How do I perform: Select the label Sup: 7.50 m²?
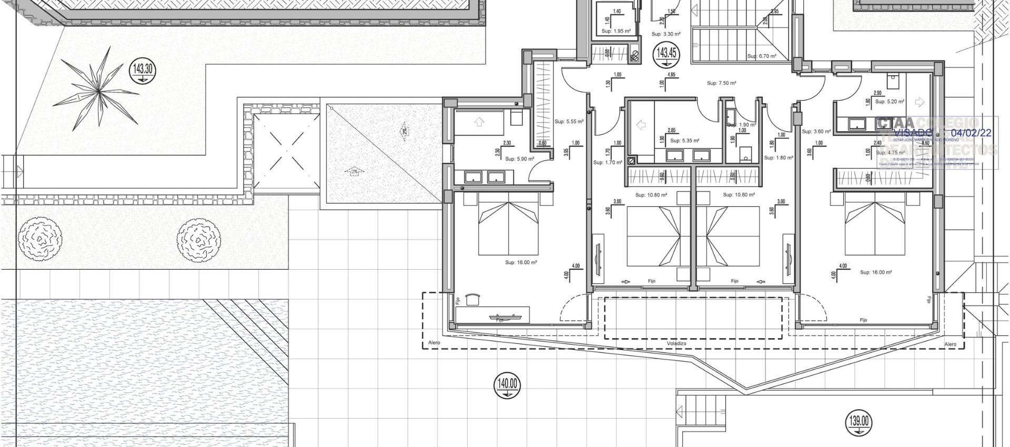pos(721,83)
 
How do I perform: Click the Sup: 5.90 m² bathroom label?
pos(519,158)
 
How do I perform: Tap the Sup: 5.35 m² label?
pos(684,140)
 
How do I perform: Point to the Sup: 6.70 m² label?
pos(762,56)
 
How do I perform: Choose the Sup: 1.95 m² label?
pos(615,31)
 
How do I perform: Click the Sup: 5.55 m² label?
pos(569,121)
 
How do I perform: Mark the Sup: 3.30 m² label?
pos(665,34)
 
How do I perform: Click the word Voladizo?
pos(676,343)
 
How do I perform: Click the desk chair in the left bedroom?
pos(473,298)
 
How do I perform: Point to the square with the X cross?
pos(287,150)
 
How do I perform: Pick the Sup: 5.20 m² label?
pos(890,101)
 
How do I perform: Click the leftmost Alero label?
pos(434,343)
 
